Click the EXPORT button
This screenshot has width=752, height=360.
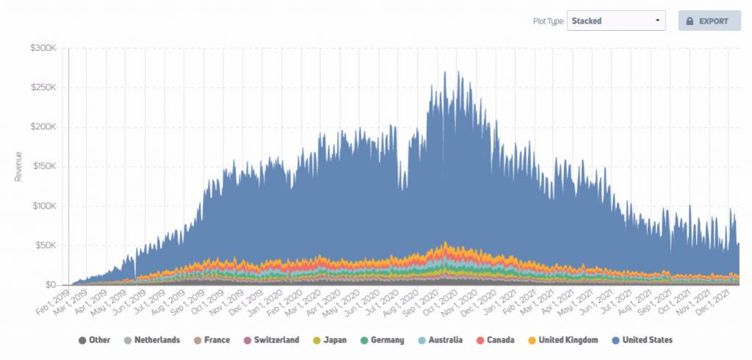(709, 21)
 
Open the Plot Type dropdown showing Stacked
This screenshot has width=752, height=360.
(616, 21)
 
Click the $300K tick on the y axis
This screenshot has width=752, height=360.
(41, 48)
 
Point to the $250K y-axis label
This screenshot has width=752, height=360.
(41, 88)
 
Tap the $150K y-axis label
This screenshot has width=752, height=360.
(41, 167)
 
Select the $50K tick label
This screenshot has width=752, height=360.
(43, 245)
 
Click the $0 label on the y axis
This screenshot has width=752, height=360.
(48, 284)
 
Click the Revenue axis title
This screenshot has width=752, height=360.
(18, 167)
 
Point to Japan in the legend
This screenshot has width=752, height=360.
(330, 340)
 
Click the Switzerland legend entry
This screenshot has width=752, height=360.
(272, 340)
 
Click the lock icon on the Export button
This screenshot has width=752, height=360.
(690, 21)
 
